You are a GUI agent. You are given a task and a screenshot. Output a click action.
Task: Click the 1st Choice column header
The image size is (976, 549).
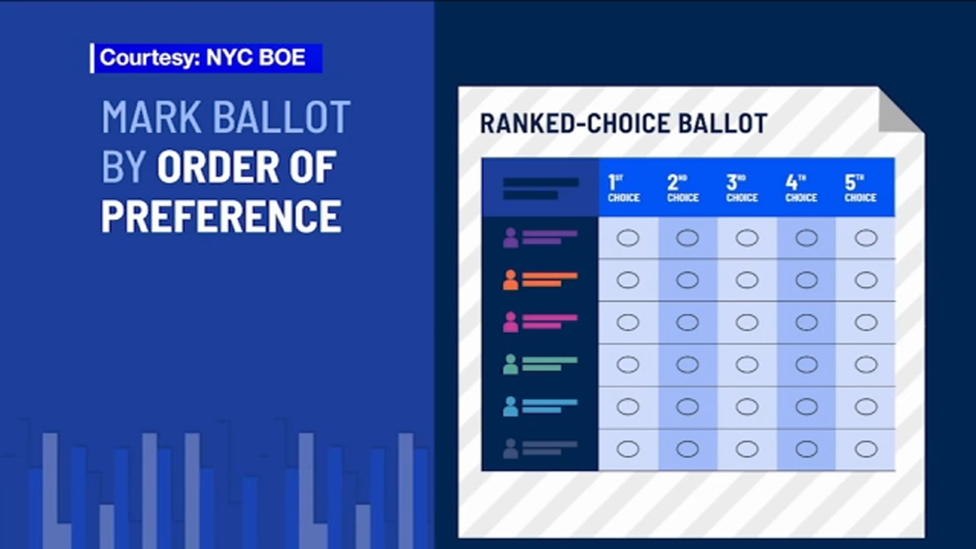pos(624,188)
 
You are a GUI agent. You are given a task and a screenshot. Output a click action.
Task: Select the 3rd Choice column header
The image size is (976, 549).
pos(742,188)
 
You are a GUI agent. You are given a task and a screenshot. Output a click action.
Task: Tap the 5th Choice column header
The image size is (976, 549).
pos(861,188)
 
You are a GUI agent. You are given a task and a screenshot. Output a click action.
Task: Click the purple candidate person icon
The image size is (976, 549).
pos(511,238)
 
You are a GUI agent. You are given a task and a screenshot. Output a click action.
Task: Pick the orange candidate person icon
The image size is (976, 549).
pos(511,280)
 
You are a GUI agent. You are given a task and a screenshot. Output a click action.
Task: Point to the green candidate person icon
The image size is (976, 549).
pos(511,364)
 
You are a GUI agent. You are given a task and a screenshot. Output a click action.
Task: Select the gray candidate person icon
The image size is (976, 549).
pos(511,449)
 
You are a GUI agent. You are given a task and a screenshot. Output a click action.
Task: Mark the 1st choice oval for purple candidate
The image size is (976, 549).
pos(628,238)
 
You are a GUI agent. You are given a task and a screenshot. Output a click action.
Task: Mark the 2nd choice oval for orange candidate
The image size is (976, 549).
pos(687,280)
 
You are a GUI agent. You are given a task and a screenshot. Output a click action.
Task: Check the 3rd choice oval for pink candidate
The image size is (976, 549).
pos(747,322)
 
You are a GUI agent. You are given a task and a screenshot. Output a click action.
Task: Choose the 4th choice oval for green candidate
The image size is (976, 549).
pos(806,364)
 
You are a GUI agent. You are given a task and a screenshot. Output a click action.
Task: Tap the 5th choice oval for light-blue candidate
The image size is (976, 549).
pos(866,407)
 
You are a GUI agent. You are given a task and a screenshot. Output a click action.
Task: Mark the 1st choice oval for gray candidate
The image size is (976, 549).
pos(628,449)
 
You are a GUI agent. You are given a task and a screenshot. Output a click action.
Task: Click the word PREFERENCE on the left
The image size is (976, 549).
pos(221,216)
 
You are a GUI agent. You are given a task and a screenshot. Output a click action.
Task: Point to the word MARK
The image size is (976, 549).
pos(152,117)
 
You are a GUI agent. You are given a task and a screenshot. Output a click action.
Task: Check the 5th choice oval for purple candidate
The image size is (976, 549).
pos(866,238)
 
